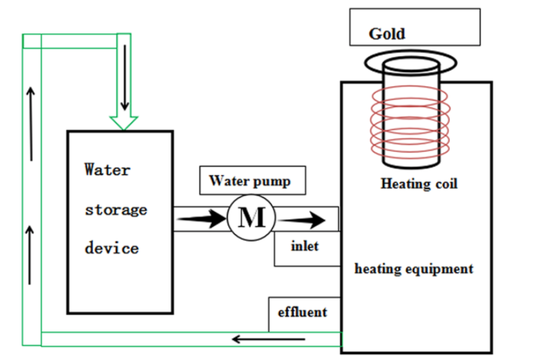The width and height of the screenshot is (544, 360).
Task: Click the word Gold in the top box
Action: tap(386, 34)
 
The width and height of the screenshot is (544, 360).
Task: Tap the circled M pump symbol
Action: tap(251, 216)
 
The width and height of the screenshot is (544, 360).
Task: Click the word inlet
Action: tap(305, 246)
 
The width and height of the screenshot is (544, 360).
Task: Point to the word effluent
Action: tap(303, 311)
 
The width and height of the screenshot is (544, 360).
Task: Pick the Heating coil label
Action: tap(418, 184)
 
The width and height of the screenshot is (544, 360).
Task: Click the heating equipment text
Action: tap(413, 269)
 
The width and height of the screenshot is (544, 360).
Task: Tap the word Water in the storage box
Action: tap(107, 170)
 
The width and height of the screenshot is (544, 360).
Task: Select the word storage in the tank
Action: tap(116, 209)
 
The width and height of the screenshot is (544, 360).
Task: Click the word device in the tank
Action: tap(111, 249)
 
